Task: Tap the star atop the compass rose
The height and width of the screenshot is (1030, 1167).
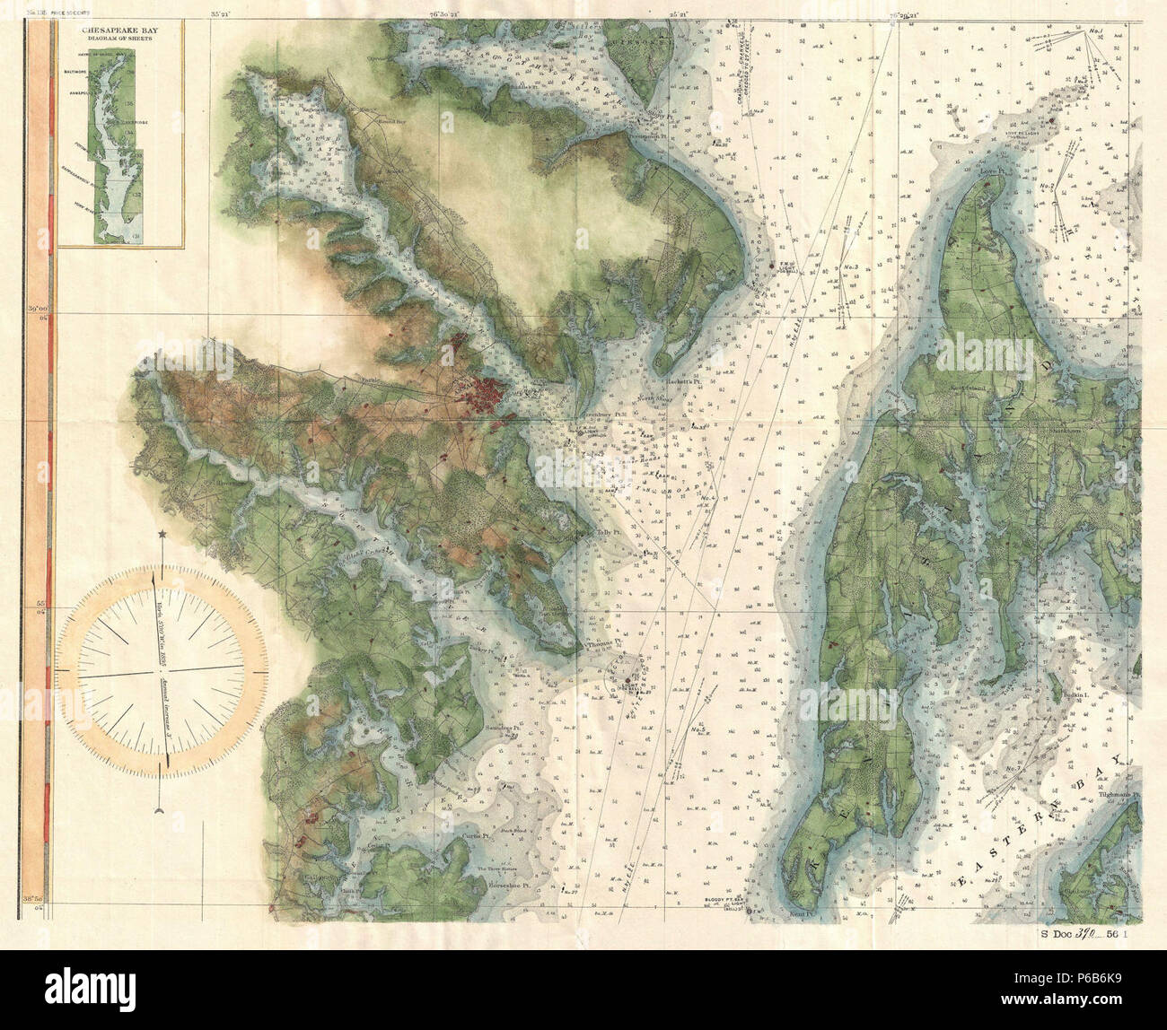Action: (x=162, y=535)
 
